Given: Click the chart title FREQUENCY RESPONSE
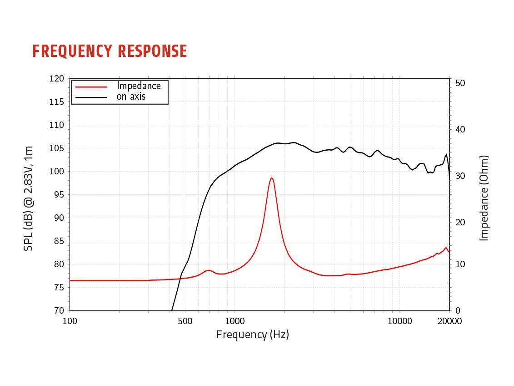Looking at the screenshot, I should (x=110, y=51).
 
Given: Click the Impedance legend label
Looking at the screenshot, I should (x=139, y=86).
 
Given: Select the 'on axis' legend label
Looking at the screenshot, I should (x=131, y=96).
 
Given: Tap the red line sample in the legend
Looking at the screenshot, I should (x=91, y=86).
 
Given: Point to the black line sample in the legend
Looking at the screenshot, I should (x=91, y=97).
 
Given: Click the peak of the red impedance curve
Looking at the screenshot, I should (x=272, y=178).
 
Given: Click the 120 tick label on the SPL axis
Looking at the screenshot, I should (x=57, y=79).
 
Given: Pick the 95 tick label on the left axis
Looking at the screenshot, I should (x=59, y=195).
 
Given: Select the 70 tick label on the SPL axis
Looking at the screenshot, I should (x=59, y=310).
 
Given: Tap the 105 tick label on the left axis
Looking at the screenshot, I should (x=57, y=148).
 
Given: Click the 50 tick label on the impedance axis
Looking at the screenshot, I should (x=460, y=83).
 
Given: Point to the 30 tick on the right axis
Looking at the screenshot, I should (x=460, y=176).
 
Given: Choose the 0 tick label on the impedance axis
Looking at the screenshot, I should (x=458, y=310).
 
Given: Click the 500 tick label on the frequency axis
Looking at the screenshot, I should (x=185, y=321).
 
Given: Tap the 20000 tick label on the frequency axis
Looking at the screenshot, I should (x=449, y=321).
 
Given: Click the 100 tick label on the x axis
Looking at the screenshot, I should (x=70, y=321).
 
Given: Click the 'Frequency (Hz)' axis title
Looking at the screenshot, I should (x=253, y=335).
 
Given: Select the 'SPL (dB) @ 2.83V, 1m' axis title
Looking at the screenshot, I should (x=29, y=198).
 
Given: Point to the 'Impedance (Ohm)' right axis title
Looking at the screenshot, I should (x=484, y=198).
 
